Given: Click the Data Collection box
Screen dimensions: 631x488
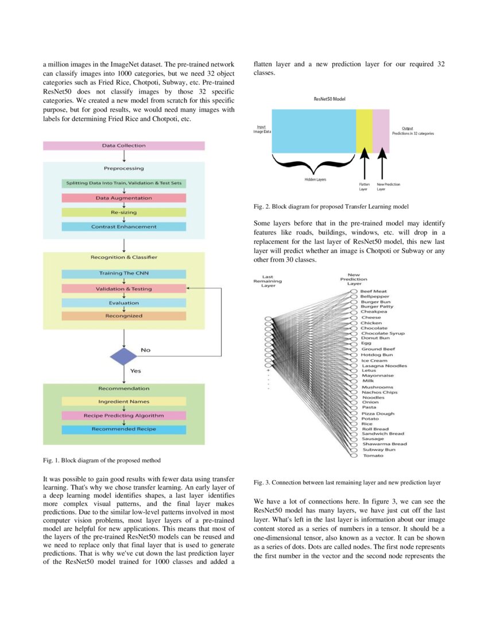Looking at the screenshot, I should [123, 146].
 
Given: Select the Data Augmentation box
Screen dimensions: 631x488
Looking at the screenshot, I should [123, 198].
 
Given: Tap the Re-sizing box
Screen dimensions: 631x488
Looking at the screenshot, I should [123, 212].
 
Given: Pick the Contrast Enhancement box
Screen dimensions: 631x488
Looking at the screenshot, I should [123, 227].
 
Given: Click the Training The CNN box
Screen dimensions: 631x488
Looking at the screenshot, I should [123, 274].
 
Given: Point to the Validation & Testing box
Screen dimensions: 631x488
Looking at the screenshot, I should [123, 289].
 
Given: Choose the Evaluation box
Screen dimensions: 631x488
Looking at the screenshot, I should [123, 303].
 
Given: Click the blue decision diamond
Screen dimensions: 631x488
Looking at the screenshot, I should [123, 356].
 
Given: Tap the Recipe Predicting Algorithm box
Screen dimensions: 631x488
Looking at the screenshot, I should [123, 415].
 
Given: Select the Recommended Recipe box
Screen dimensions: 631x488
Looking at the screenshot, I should [123, 429].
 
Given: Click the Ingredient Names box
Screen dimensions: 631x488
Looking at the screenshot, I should [123, 402].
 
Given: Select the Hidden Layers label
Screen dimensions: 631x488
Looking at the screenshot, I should [315, 180].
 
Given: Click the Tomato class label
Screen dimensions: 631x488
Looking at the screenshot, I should [373, 455].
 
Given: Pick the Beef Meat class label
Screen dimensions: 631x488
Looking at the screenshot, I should [374, 291].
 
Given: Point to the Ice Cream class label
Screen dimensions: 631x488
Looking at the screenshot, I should [374, 360].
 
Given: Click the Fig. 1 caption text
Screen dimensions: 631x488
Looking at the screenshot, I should [102, 460].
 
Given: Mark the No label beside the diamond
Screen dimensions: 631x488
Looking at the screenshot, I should [146, 350].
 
